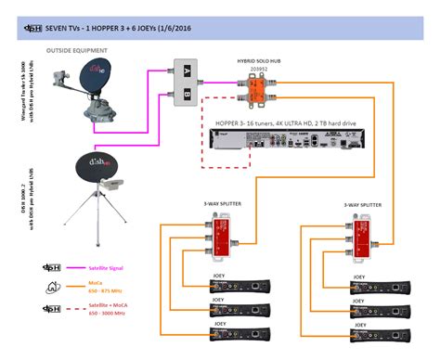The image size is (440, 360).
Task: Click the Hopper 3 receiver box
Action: tap(270, 140)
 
